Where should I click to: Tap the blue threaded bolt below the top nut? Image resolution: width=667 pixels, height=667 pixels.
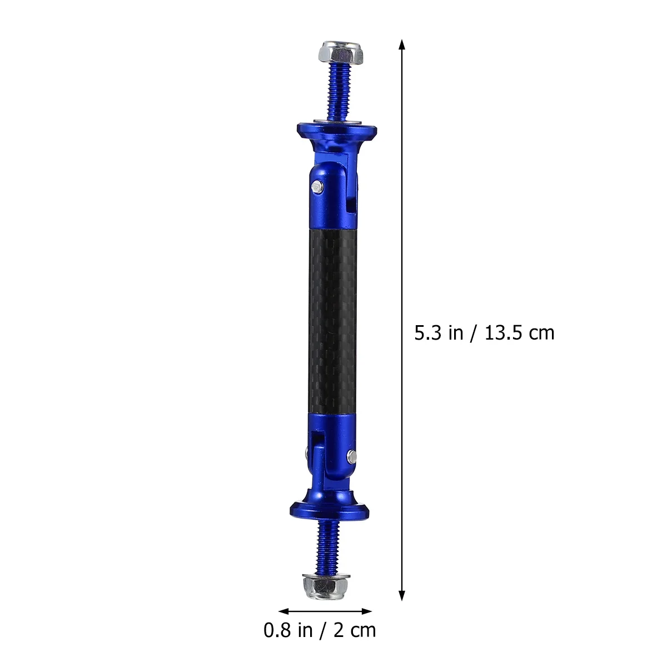coord(338,89)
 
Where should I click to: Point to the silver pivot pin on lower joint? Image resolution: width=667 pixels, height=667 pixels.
coord(352,456)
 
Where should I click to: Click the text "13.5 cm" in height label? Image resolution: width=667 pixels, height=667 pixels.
coord(520,333)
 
